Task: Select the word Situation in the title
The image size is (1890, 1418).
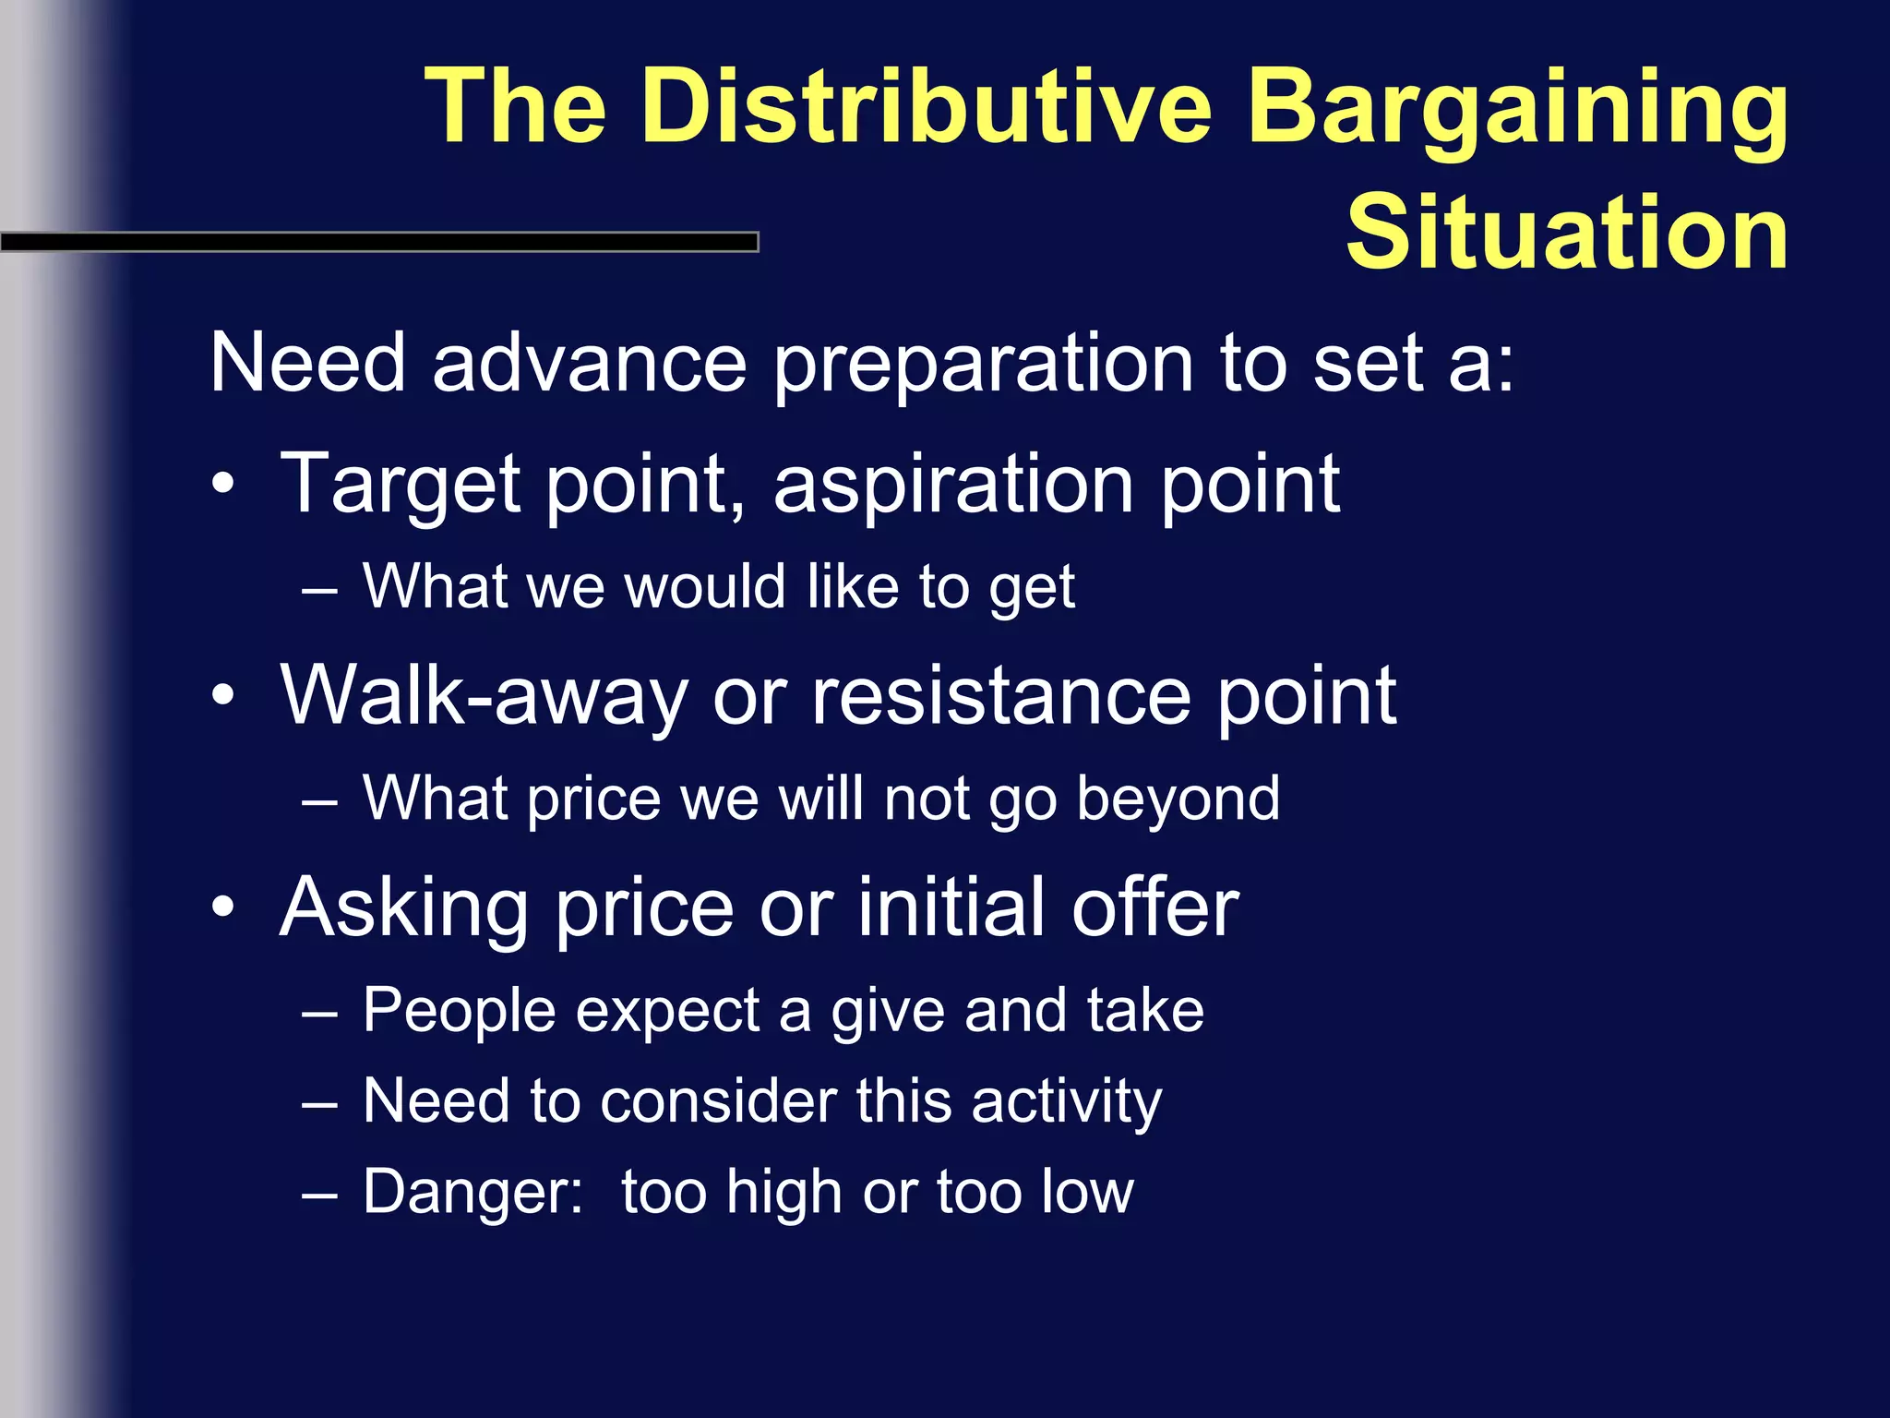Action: [x=1567, y=233]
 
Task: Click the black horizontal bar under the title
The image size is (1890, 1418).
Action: [x=378, y=243]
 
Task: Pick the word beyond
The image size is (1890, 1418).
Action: [x=1178, y=799]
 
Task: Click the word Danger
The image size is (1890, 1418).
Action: [x=472, y=1192]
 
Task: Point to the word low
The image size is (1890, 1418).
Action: [x=1087, y=1192]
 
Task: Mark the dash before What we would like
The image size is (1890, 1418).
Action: [x=318, y=590]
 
